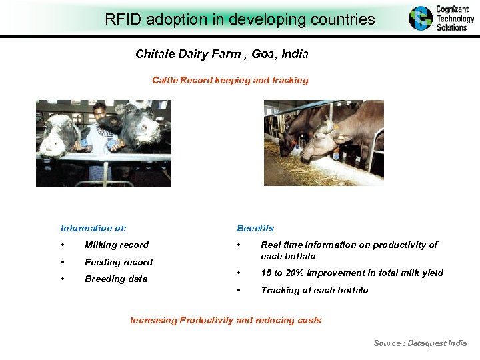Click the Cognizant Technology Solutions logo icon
pyautogui.click(x=421, y=19)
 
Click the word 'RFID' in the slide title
pyautogui.click(x=121, y=19)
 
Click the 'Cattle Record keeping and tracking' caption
pyautogui.click(x=230, y=80)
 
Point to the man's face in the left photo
pyautogui.click(x=99, y=111)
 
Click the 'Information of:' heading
pyautogui.click(x=93, y=228)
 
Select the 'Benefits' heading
pyautogui.click(x=255, y=228)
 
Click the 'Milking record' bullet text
pyautogui.click(x=117, y=245)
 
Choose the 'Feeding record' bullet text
pyautogui.click(x=119, y=262)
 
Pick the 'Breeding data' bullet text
pyautogui.click(x=116, y=279)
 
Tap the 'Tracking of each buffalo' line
pyautogui.click(x=314, y=290)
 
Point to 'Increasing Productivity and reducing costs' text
pyautogui.click(x=225, y=320)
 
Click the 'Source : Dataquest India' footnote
pyautogui.click(x=420, y=343)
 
